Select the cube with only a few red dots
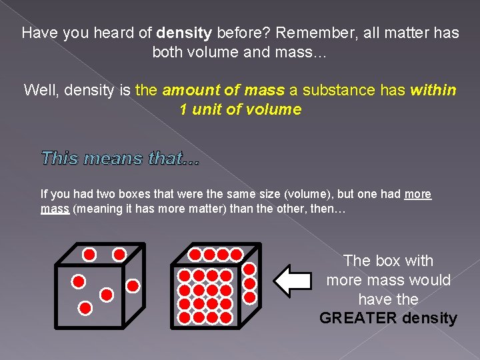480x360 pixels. click(99, 287)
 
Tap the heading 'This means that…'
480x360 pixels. click(120, 158)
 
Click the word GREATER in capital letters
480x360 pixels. click(359, 318)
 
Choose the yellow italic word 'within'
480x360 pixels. click(434, 89)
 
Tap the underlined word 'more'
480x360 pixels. click(418, 194)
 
